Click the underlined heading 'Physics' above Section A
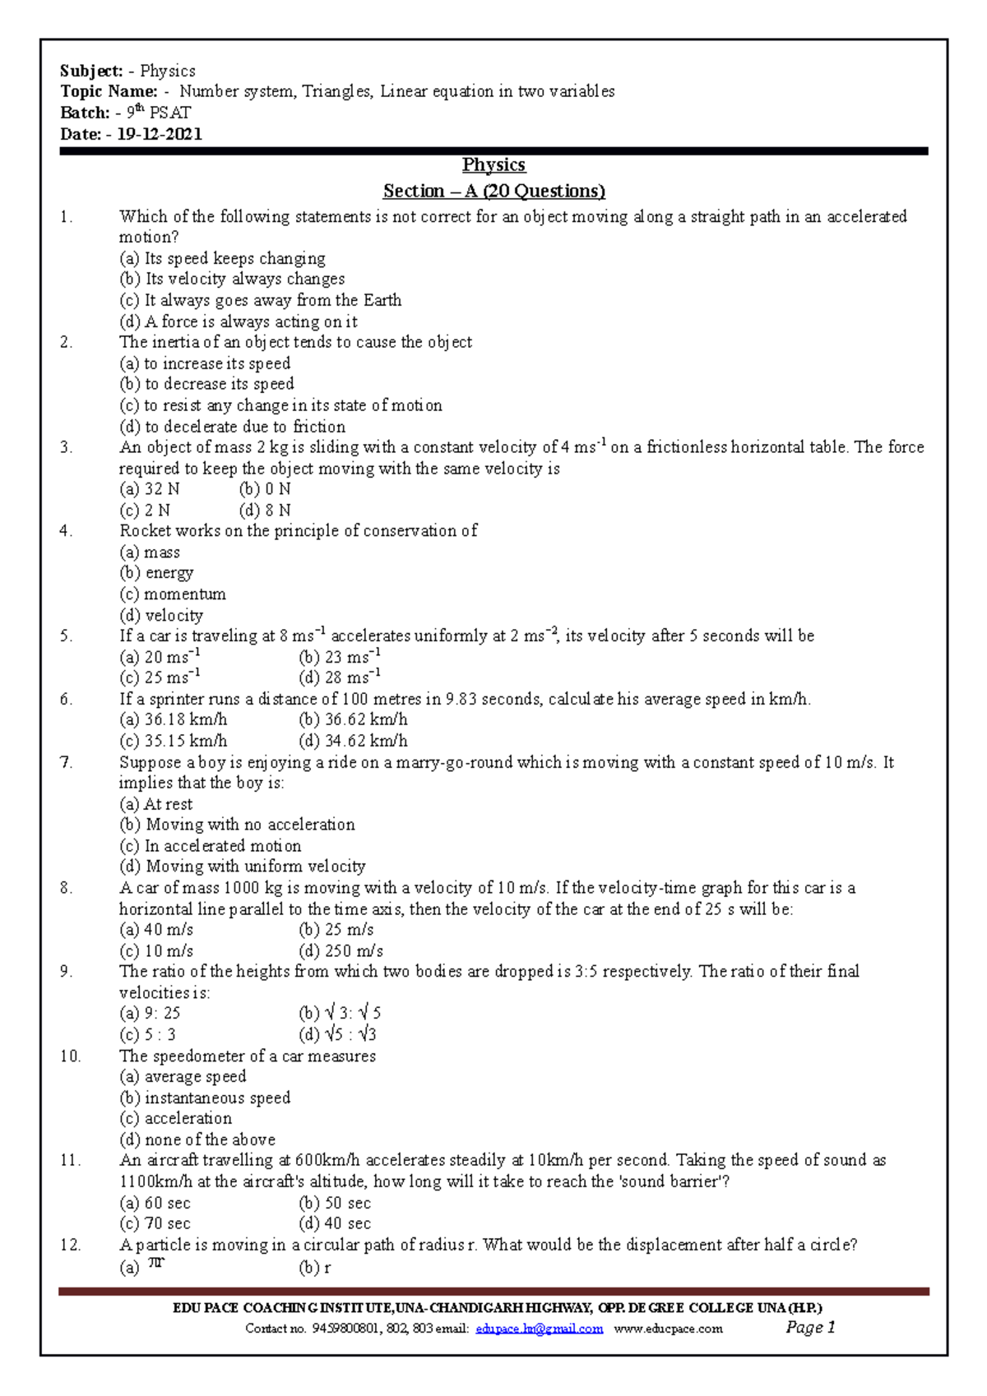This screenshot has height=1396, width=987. click(x=493, y=164)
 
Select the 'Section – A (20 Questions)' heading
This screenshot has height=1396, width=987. click(x=493, y=191)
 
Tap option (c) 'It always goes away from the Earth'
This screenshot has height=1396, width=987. click(x=260, y=300)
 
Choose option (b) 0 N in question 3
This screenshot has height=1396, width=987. click(x=265, y=489)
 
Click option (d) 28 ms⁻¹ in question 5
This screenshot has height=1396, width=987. click(x=339, y=677)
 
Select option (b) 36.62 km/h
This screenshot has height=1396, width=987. click(x=353, y=719)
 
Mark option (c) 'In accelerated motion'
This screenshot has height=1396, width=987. click(x=211, y=846)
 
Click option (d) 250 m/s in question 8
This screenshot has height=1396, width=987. click(x=341, y=951)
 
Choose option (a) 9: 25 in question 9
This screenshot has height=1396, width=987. click(x=150, y=1014)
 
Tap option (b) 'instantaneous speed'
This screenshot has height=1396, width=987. click(x=205, y=1098)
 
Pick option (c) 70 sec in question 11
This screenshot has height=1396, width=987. click(x=155, y=1223)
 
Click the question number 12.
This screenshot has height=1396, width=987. click(x=70, y=1245)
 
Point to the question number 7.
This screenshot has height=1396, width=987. click(x=66, y=762)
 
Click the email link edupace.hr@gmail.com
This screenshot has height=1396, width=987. click(x=539, y=1329)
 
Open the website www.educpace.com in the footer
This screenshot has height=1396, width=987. click(x=668, y=1329)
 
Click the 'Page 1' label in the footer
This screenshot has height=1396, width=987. click(x=810, y=1327)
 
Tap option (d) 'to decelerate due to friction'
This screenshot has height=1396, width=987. click(x=232, y=427)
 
